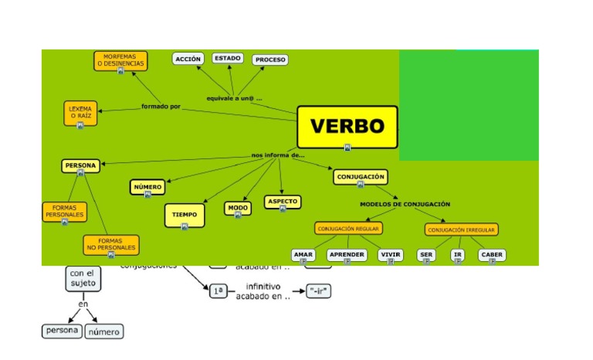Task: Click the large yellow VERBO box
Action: [x=347, y=127]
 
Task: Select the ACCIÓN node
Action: [x=188, y=59]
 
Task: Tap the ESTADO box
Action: [x=228, y=58]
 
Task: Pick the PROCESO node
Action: [x=270, y=59]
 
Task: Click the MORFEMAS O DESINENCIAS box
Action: [x=120, y=60]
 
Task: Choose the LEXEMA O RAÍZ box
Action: [x=80, y=113]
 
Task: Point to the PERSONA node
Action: [x=80, y=165]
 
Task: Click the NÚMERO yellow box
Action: [x=147, y=187]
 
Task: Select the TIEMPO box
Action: [x=184, y=215]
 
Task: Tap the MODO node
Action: [x=238, y=209]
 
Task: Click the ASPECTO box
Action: [x=282, y=202]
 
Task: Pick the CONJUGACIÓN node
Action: [x=360, y=177]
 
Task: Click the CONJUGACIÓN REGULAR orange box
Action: [x=348, y=229]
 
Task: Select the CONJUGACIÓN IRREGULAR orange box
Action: [x=462, y=229]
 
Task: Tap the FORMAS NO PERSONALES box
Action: [x=111, y=245]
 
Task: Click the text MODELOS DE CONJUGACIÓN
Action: [x=405, y=204]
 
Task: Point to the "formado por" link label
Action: [x=161, y=107]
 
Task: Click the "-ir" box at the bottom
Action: [x=318, y=291]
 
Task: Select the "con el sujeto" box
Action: [x=83, y=278]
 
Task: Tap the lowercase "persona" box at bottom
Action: [x=61, y=331]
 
